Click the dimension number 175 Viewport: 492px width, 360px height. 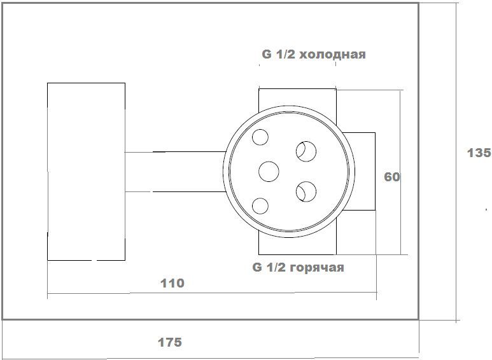click(x=170, y=342)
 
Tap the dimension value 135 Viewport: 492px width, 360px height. click(x=479, y=153)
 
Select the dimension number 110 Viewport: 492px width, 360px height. click(x=172, y=283)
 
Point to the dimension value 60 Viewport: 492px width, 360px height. click(x=392, y=177)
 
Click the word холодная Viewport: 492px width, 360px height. click(x=333, y=55)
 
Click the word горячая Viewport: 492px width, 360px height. click(x=317, y=268)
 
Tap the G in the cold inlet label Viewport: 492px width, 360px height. click(x=267, y=54)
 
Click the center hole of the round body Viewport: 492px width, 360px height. click(x=269, y=172)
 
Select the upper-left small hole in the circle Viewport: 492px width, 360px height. click(x=260, y=137)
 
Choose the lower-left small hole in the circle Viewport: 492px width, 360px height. click(x=260, y=206)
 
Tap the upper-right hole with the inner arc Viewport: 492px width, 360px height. click(x=306, y=151)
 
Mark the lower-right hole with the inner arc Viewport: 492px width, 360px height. click(x=306, y=191)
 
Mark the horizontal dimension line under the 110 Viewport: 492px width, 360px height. click(x=212, y=293)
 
